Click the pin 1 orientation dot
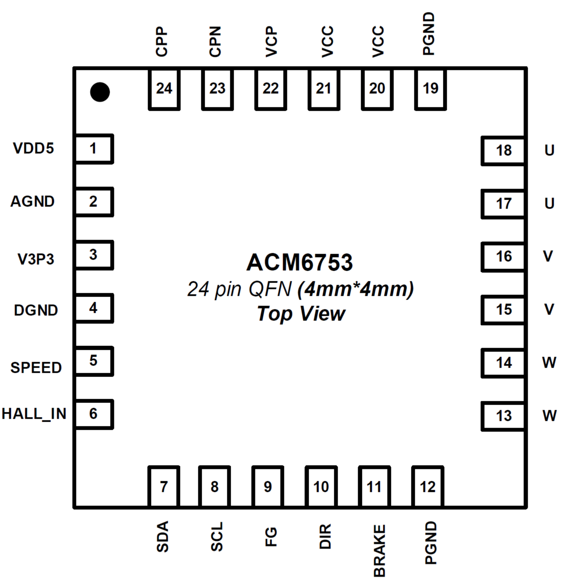pos(100,92)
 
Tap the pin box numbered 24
pos(164,89)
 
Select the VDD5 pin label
pos(33,149)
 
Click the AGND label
pos(32,202)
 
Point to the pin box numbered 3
pos(94,255)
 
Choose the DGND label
pos(36,310)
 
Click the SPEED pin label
pos(36,368)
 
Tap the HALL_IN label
pos(34,414)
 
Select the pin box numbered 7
pos(164,487)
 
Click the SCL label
pos(217,537)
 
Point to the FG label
pos(271,537)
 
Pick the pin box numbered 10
pos(321,487)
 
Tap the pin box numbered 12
pos(428,487)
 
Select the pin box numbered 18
pos(503,151)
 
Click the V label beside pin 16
pos(548,256)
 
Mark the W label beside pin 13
pos(549,416)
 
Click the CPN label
pos(215,42)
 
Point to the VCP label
pos(271,42)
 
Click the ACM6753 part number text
pos(299,263)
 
